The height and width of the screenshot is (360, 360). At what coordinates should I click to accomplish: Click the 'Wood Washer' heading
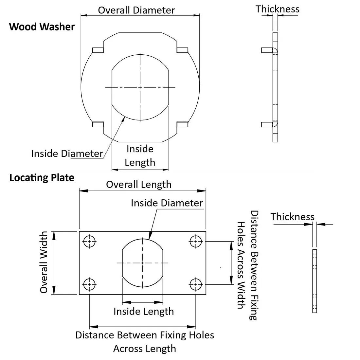(x=42, y=27)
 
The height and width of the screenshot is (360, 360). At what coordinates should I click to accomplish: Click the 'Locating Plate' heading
(x=42, y=178)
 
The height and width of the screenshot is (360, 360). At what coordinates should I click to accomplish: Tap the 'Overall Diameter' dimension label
(x=136, y=10)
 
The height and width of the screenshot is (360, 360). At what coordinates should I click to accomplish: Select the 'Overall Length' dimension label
(x=138, y=184)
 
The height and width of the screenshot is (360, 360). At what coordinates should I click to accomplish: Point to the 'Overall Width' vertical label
(x=44, y=262)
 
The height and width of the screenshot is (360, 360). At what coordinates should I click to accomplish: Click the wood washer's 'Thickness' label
(x=277, y=9)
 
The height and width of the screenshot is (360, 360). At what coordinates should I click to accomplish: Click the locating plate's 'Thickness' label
(x=292, y=217)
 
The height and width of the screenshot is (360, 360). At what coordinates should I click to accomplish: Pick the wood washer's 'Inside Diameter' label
(x=67, y=153)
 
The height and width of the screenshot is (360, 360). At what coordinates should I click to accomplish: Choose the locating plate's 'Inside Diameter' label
(x=167, y=203)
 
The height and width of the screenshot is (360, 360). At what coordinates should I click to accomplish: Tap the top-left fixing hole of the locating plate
(x=89, y=242)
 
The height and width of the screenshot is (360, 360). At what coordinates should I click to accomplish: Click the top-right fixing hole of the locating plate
(x=196, y=242)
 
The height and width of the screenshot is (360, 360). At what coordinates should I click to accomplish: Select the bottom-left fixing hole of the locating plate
(x=89, y=284)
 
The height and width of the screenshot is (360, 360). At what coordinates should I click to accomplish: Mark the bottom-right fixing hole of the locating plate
(x=196, y=284)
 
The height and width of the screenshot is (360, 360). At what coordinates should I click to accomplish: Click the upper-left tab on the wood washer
(x=98, y=50)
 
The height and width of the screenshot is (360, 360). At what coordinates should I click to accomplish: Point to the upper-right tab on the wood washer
(x=182, y=50)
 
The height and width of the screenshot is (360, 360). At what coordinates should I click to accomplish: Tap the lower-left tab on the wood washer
(x=98, y=124)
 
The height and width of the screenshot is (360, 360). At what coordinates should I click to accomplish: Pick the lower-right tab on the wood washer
(x=182, y=124)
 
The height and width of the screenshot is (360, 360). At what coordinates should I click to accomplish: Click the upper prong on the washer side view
(x=267, y=50)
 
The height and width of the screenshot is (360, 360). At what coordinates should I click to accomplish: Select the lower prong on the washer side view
(x=267, y=124)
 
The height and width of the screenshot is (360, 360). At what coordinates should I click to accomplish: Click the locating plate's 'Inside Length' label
(x=143, y=311)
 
